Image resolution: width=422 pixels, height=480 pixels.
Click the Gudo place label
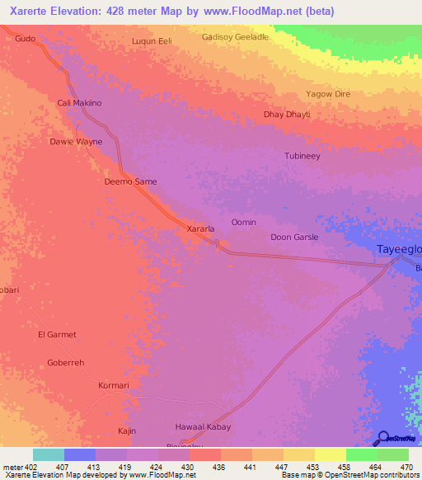[x=26, y=39]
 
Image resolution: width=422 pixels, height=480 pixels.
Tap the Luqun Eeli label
[x=152, y=40]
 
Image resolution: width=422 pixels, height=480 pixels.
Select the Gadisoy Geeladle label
[x=235, y=37]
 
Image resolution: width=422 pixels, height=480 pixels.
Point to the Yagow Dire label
[x=328, y=94]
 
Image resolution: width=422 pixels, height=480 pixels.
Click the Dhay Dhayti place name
[x=287, y=115]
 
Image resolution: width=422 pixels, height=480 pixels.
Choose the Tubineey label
[x=302, y=156]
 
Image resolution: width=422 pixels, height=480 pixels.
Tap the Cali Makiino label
[x=79, y=103]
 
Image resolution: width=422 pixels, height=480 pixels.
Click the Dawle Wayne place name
[x=76, y=142]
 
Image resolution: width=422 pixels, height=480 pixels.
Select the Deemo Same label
[x=130, y=181]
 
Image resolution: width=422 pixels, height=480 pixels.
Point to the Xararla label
[x=201, y=228]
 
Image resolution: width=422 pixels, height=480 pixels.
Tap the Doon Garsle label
[x=294, y=238]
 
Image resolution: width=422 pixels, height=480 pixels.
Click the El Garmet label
[x=57, y=334]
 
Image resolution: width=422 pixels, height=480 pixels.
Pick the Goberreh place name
[x=66, y=362]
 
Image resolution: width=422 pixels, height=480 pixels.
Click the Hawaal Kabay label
[x=203, y=426]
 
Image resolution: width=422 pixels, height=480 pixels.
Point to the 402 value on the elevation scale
[x=25, y=467]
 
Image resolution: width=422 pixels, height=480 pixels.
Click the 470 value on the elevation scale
[x=406, y=467]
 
